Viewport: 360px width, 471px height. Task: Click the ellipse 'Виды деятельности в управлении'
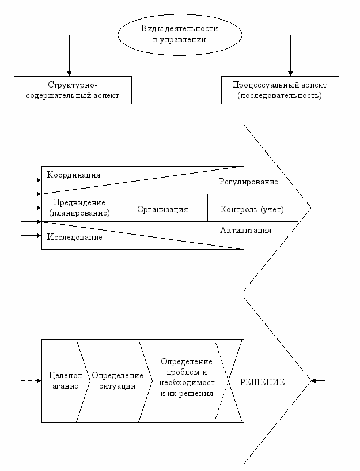pos(180,35)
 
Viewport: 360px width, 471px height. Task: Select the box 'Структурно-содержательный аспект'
pos(73,90)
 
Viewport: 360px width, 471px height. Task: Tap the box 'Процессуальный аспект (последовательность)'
pos(280,90)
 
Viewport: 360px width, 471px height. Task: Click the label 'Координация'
pos(74,175)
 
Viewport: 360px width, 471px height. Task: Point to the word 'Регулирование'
pos(248,182)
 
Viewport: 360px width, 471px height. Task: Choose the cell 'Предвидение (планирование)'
pos(79,208)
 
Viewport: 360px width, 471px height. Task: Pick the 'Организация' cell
pos(162,208)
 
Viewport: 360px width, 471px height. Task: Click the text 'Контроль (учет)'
pos(252,209)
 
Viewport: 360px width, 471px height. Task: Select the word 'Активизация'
pos(246,231)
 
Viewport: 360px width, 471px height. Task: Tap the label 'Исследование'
pos(75,237)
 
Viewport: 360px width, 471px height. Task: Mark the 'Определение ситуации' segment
pos(118,380)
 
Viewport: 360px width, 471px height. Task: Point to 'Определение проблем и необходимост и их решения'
pos(187,378)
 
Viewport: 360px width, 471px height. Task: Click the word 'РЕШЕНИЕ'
pos(262,382)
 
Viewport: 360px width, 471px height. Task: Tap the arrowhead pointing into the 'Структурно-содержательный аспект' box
pos(69,74)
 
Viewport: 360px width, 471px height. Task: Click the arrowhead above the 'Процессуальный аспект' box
pos(290,74)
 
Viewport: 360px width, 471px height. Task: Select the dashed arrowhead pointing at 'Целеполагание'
pos(39,380)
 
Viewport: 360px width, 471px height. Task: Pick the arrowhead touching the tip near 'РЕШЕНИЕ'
pos(314,380)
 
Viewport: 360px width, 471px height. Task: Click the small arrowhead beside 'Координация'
pos(39,180)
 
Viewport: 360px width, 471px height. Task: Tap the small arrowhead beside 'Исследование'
pos(39,235)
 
